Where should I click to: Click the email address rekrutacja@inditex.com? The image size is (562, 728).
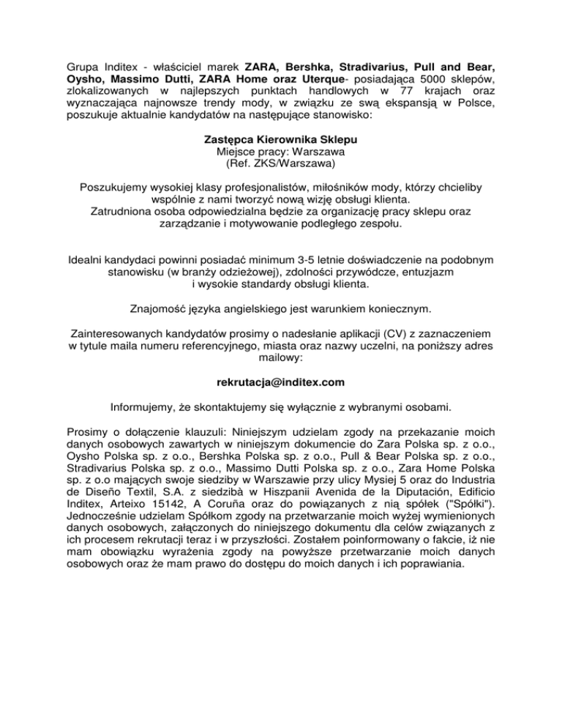[x=281, y=382]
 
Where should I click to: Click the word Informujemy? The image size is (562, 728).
[x=148, y=408]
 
